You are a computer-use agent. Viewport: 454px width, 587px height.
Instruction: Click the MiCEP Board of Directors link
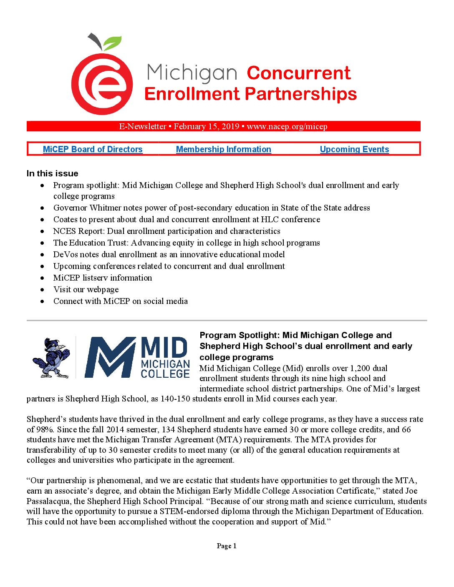(x=93, y=149)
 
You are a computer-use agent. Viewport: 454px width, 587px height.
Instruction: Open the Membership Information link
(x=224, y=149)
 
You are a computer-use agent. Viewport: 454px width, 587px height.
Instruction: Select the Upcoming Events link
(x=354, y=149)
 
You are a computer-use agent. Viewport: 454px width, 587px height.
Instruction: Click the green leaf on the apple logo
(x=112, y=43)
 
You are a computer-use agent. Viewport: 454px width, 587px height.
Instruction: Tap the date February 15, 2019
(x=207, y=126)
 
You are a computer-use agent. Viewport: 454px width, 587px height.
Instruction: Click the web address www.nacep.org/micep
(x=287, y=126)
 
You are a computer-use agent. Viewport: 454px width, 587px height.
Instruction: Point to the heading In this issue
(x=53, y=173)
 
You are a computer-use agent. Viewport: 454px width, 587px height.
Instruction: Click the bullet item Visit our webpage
(x=86, y=289)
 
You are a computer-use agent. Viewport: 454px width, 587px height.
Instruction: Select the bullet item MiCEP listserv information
(x=103, y=278)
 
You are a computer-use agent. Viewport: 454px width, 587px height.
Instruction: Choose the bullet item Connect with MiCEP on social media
(x=121, y=301)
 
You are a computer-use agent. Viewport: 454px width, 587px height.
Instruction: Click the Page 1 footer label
(x=227, y=546)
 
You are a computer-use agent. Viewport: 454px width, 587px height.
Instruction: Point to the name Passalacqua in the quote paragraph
(x=49, y=501)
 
